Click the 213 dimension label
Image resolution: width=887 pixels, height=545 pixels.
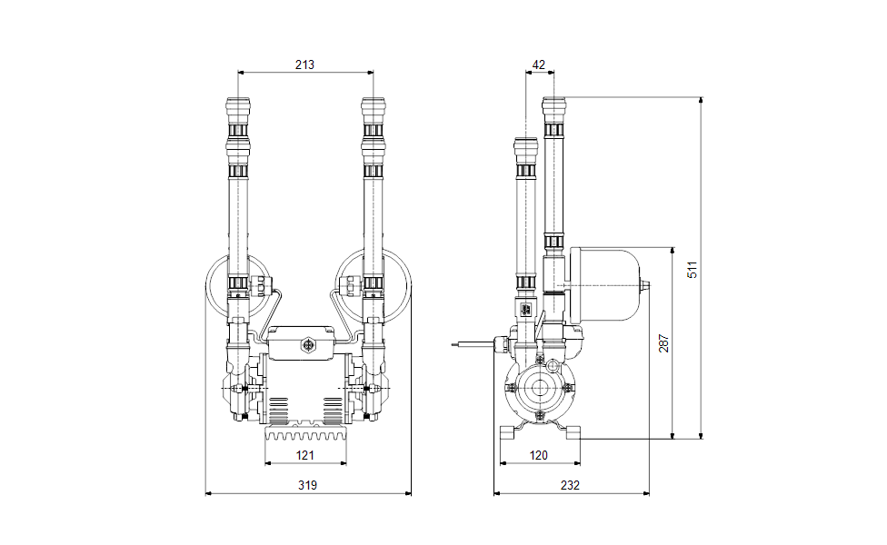(x=304, y=64)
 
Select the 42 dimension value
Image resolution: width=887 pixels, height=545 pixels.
(x=539, y=64)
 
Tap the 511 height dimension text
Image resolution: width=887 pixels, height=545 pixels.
(x=693, y=270)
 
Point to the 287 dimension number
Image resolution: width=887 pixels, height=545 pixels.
(x=664, y=343)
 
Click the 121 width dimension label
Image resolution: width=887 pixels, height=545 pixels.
(x=305, y=455)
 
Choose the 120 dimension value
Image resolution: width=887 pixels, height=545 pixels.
(x=539, y=455)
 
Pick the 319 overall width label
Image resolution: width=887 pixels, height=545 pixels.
(x=308, y=485)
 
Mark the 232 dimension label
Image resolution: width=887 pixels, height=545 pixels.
(x=570, y=485)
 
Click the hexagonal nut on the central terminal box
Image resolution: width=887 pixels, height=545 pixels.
(x=308, y=345)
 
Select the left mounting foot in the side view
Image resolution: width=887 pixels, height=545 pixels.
(x=507, y=432)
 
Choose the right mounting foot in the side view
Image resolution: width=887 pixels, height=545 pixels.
(x=573, y=432)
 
